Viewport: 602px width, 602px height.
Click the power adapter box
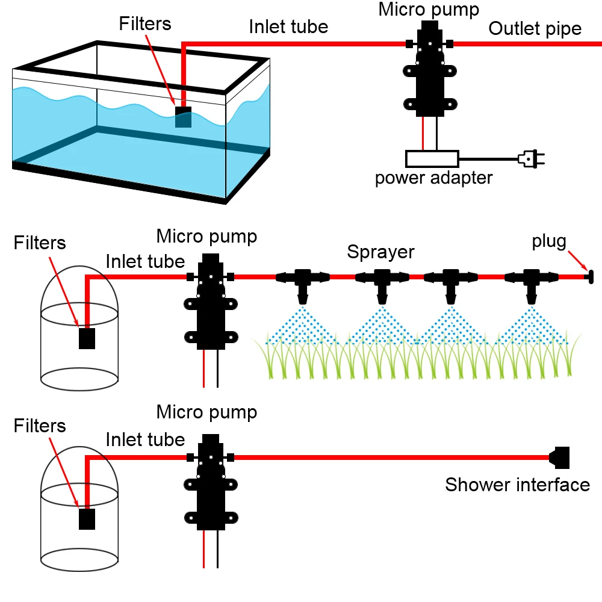[x=432, y=159]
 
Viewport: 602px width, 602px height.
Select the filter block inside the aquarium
[x=183, y=117]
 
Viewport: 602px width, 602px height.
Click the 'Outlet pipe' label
[x=535, y=29]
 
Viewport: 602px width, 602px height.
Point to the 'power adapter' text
[x=433, y=178]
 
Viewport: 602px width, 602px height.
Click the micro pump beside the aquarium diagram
[x=429, y=69]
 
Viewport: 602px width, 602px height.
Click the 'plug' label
[x=549, y=242]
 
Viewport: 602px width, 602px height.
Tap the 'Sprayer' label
[x=380, y=252]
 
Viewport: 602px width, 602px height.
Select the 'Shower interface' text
[x=518, y=485]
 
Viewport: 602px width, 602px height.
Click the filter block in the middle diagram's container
[x=88, y=338]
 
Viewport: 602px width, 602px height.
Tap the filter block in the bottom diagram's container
[x=87, y=519]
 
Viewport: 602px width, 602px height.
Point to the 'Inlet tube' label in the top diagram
[x=288, y=27]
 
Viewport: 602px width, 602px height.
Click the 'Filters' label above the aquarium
[x=145, y=24]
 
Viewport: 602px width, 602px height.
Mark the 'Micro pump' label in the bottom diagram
[x=206, y=412]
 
